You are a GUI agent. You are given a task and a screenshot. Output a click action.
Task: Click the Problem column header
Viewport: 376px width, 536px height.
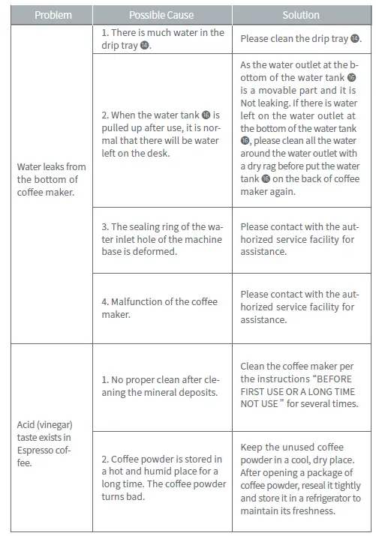point(53,15)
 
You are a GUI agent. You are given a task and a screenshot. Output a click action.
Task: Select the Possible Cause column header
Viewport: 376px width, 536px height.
point(161,15)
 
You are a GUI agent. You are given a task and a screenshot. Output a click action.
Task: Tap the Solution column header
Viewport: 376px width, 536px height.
point(300,15)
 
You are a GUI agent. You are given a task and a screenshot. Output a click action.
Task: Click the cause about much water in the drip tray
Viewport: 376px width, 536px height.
point(163,39)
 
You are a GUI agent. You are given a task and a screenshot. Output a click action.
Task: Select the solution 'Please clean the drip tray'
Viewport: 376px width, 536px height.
point(300,38)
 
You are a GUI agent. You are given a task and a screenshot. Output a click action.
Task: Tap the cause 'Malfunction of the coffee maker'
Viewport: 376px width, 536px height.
point(160,307)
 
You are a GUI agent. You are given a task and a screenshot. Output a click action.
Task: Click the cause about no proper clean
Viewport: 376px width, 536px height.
point(160,385)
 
